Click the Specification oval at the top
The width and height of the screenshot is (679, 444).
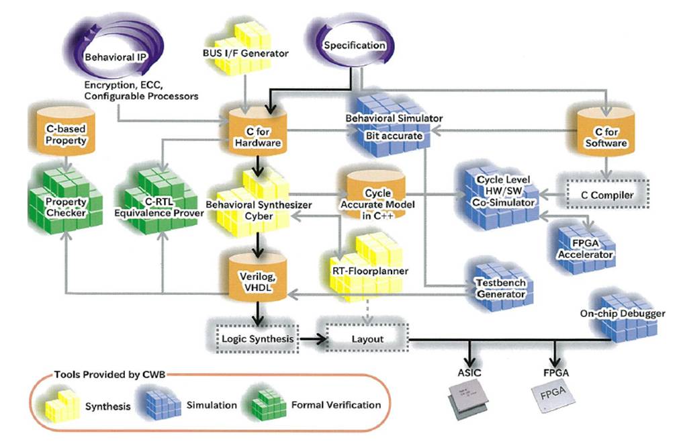[x=354, y=46]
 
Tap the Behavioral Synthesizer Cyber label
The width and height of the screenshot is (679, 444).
[x=249, y=209]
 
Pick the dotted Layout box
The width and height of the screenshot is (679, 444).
[x=367, y=339]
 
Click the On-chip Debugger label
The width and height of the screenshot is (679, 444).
[x=623, y=314]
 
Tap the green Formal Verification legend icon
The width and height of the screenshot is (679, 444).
[x=267, y=404]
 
